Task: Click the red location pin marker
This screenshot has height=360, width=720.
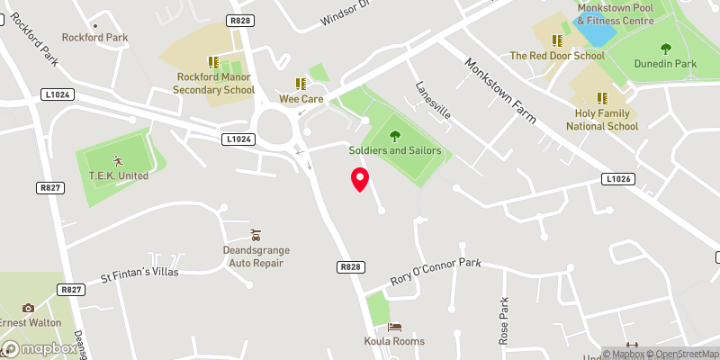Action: click(x=359, y=179)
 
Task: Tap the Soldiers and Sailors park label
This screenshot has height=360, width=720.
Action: click(x=396, y=150)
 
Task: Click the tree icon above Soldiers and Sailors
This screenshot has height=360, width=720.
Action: click(x=395, y=135)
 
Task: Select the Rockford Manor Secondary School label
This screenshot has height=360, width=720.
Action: click(x=214, y=84)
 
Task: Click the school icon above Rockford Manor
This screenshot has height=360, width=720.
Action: click(x=213, y=62)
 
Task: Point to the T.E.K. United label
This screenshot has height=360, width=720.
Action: click(x=118, y=175)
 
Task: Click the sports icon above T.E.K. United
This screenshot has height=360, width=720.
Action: click(x=118, y=160)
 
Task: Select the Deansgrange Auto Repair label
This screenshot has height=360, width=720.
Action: click(x=254, y=256)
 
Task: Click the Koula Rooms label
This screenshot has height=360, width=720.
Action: click(x=394, y=341)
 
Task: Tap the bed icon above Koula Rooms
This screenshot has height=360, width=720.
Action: click(x=394, y=326)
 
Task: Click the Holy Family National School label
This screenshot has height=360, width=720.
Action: click(x=602, y=120)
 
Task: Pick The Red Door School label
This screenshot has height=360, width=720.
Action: click(x=557, y=56)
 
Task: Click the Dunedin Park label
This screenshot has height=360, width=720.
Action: click(x=666, y=64)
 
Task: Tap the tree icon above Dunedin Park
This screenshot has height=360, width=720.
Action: click(x=666, y=49)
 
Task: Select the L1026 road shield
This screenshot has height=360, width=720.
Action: click(x=616, y=180)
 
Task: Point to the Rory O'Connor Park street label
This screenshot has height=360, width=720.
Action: click(x=436, y=273)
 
